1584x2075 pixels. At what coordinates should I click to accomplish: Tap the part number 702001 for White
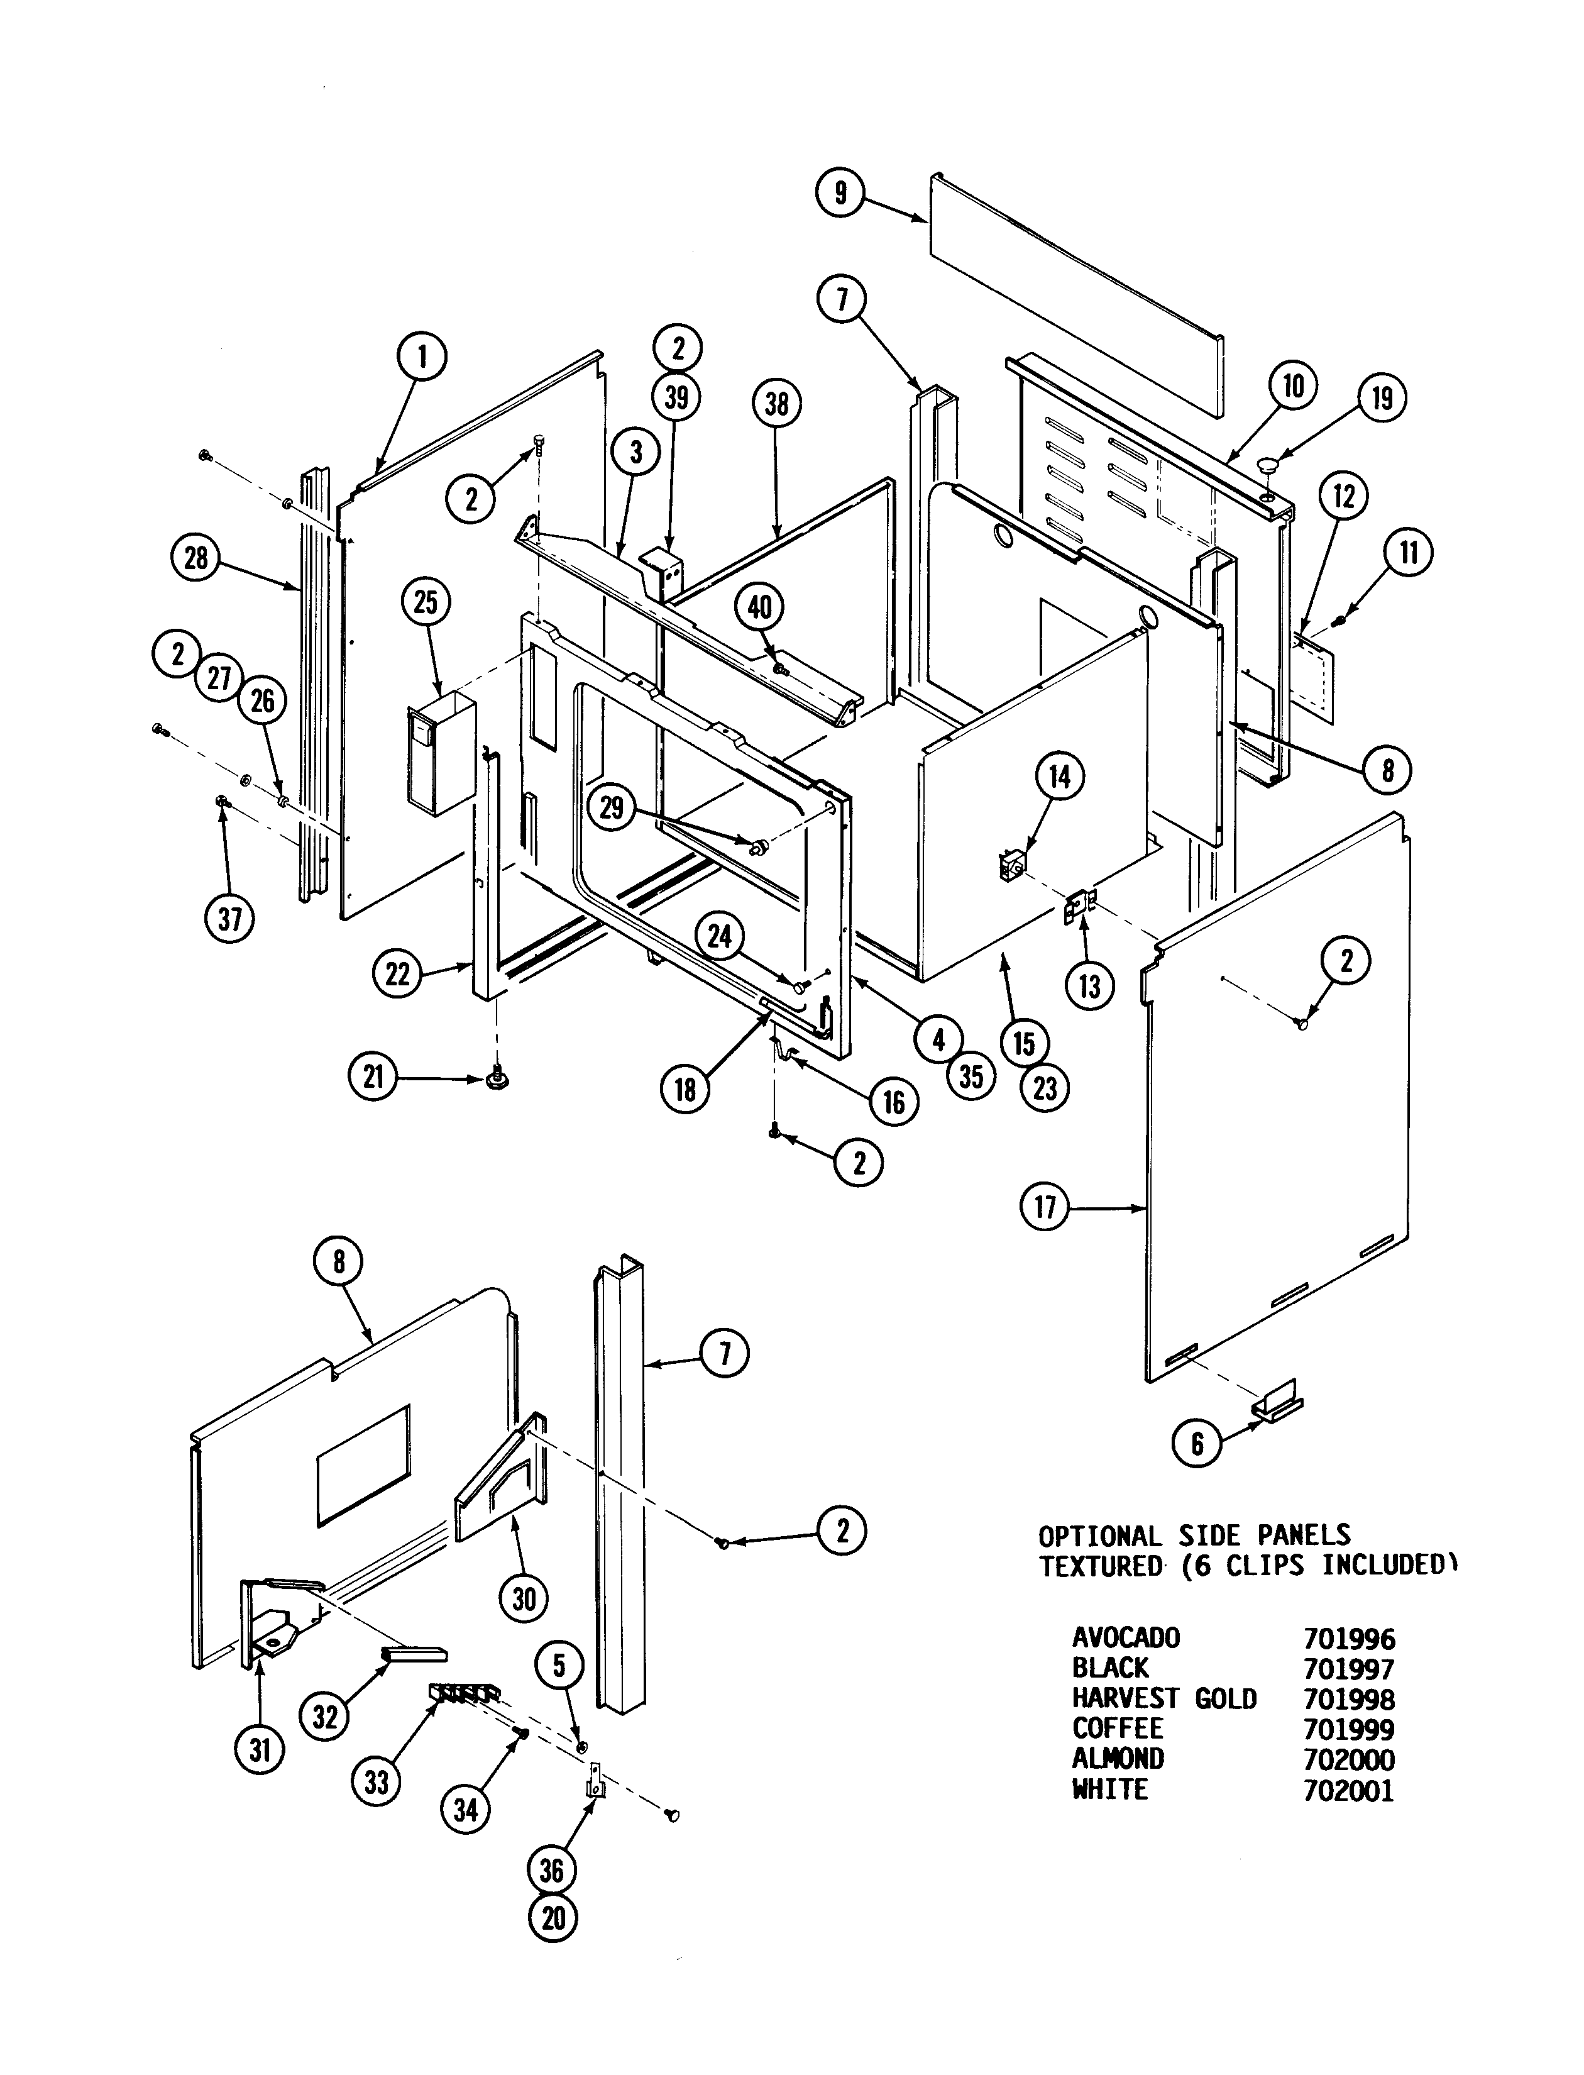[1348, 1791]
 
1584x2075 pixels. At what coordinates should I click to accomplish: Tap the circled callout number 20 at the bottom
[553, 1918]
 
